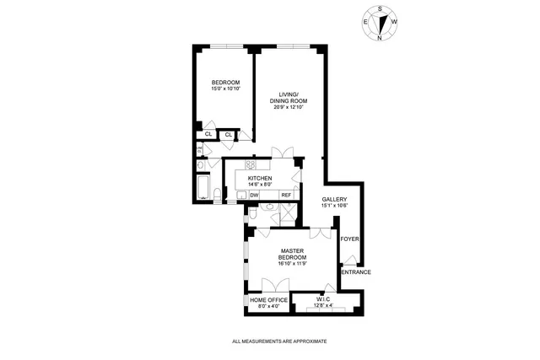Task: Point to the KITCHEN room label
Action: coord(259,179)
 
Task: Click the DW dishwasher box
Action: coord(253,195)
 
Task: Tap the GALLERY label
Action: coord(334,200)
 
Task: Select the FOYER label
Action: coord(350,239)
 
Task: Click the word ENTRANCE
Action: coord(355,271)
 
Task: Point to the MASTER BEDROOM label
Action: coord(293,255)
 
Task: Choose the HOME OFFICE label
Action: coord(268,299)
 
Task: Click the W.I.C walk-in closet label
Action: coord(324,299)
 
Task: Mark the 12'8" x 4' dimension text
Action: coord(324,306)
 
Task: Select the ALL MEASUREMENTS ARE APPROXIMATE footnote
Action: coord(278,341)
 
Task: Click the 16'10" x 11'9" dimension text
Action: coord(293,264)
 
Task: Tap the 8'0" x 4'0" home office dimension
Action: coord(268,306)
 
